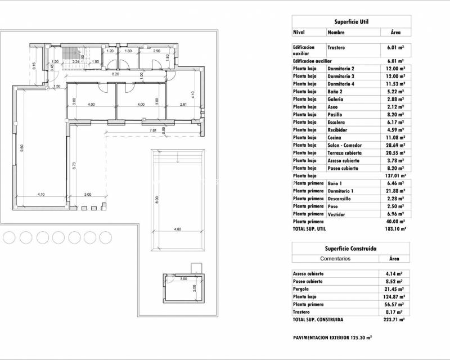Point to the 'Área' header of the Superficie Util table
(395, 33)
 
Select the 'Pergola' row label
(302, 289)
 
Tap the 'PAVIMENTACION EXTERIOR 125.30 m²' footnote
(333, 338)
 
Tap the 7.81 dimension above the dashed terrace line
(152, 130)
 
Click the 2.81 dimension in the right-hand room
(183, 104)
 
